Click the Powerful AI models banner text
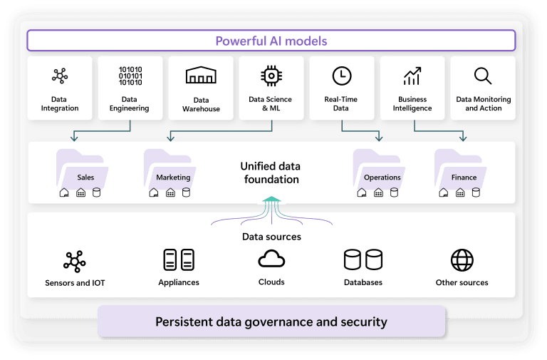[x=271, y=41]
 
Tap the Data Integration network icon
[x=59, y=76]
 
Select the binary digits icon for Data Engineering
[x=130, y=76]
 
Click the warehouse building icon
[x=201, y=76]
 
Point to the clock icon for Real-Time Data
[x=341, y=76]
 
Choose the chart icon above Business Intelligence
[x=412, y=76]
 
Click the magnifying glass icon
[x=483, y=76]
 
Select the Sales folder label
[x=85, y=178]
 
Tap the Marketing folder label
[x=173, y=178]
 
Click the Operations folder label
[x=382, y=178]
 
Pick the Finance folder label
[x=464, y=178]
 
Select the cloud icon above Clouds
[x=271, y=259]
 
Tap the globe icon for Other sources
[x=462, y=260]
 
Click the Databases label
[x=363, y=282]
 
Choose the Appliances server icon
[x=179, y=260]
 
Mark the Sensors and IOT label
[x=75, y=283]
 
